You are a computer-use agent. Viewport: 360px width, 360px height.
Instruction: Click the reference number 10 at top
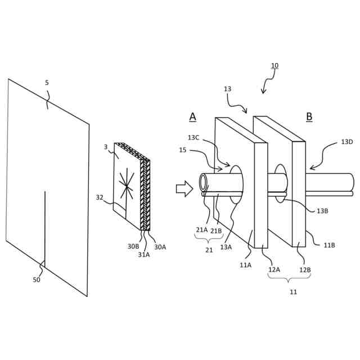click(x=274, y=66)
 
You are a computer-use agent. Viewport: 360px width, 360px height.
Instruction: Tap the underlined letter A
click(x=192, y=116)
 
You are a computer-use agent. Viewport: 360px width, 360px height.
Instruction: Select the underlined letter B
click(x=309, y=116)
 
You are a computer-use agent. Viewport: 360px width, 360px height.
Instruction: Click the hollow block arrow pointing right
click(x=184, y=188)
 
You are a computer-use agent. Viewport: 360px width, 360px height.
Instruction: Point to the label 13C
click(x=193, y=137)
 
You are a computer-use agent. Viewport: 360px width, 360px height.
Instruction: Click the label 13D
click(x=346, y=142)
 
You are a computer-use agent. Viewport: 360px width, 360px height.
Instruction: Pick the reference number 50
click(x=37, y=280)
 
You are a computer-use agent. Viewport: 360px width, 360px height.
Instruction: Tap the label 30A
click(x=160, y=247)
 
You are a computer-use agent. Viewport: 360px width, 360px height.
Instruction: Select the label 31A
click(x=144, y=254)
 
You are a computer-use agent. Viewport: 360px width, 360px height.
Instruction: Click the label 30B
click(x=133, y=246)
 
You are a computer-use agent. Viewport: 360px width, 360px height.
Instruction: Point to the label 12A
click(x=274, y=269)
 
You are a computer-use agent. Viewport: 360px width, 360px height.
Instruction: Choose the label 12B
click(x=304, y=269)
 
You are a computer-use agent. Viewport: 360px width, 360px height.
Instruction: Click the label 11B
click(x=329, y=245)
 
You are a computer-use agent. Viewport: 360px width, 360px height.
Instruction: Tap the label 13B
click(x=322, y=211)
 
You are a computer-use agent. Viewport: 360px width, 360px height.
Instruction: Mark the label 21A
click(x=201, y=229)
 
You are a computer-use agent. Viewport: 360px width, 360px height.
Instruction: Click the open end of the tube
click(x=204, y=182)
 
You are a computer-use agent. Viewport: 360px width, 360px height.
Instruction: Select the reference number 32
click(x=100, y=197)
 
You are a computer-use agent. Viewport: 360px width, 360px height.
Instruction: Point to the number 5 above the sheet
click(x=47, y=83)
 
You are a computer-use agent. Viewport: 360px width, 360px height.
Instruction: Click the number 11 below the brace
click(x=293, y=292)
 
